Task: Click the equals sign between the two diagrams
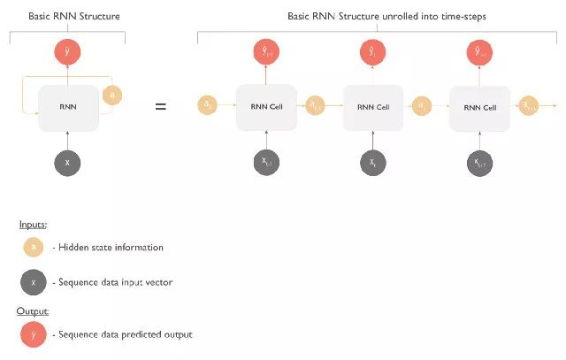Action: click(160, 107)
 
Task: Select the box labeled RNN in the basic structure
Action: click(68, 107)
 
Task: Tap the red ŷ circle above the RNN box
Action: click(68, 52)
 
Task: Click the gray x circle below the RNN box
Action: click(68, 162)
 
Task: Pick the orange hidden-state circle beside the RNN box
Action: click(111, 94)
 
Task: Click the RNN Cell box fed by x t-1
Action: click(265, 107)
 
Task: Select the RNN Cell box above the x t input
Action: click(372, 107)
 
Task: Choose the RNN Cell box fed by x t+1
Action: click(478, 107)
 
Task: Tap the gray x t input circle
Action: click(372, 162)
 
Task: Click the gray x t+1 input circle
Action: click(478, 162)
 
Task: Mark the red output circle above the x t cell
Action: click(372, 52)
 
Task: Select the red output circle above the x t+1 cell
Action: click(478, 52)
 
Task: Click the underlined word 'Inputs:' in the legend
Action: click(33, 225)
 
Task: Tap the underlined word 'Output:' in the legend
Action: click(34, 311)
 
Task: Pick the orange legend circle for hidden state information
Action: click(34, 247)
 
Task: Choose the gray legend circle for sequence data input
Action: click(34, 282)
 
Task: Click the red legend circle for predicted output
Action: click(34, 334)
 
